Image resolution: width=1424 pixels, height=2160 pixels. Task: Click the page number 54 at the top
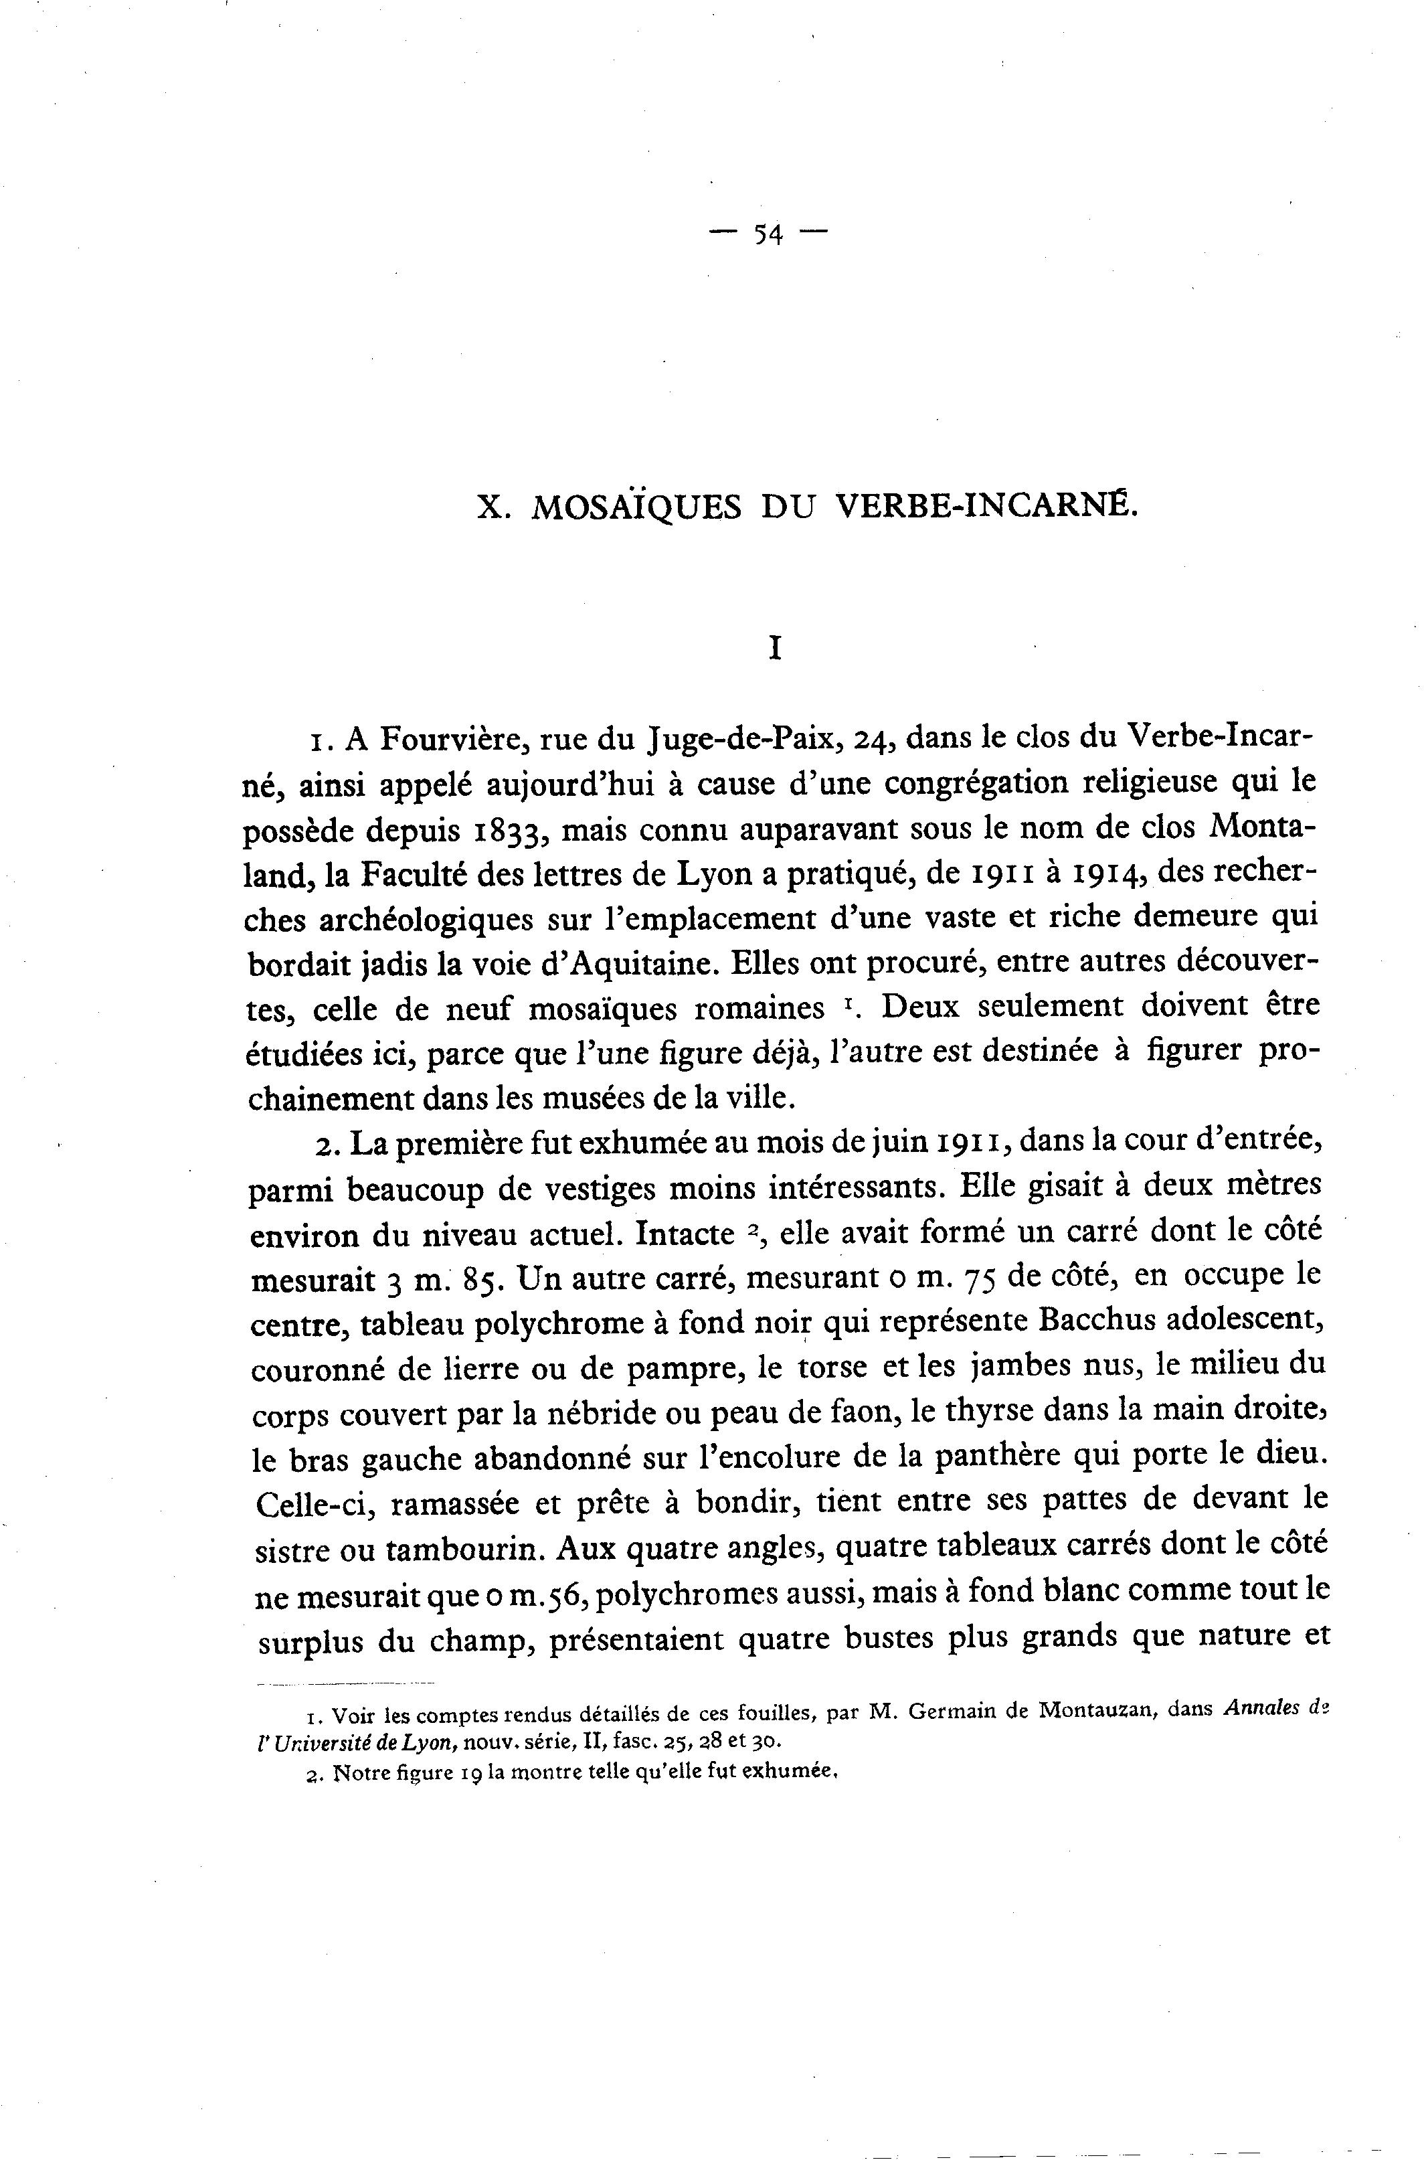768,235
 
